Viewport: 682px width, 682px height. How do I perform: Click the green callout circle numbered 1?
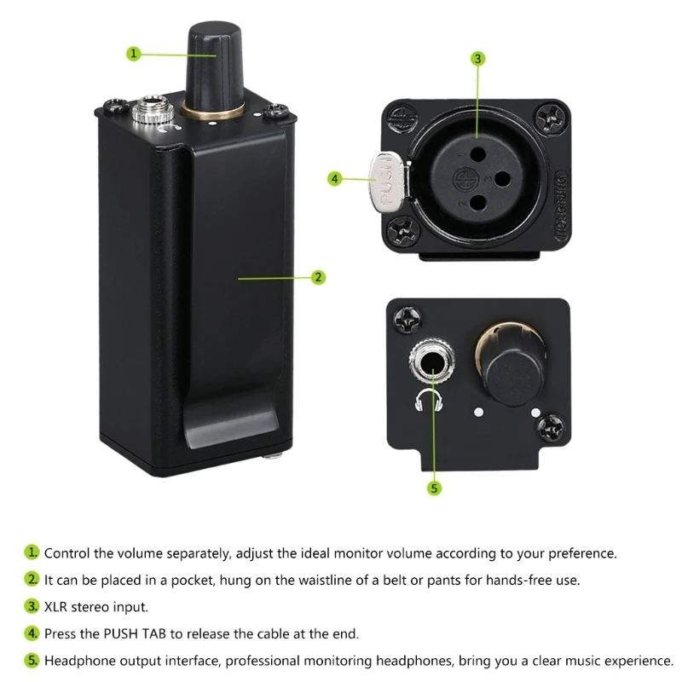click(x=133, y=53)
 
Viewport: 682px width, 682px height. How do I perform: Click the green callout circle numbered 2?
click(x=317, y=277)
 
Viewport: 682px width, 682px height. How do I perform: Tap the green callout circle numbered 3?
click(x=478, y=59)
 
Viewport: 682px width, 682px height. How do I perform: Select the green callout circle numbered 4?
click(x=335, y=179)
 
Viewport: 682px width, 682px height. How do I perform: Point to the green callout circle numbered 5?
click(x=434, y=488)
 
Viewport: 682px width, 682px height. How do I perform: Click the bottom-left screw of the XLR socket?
click(x=400, y=230)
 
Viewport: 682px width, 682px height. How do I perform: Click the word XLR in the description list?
click(x=57, y=607)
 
